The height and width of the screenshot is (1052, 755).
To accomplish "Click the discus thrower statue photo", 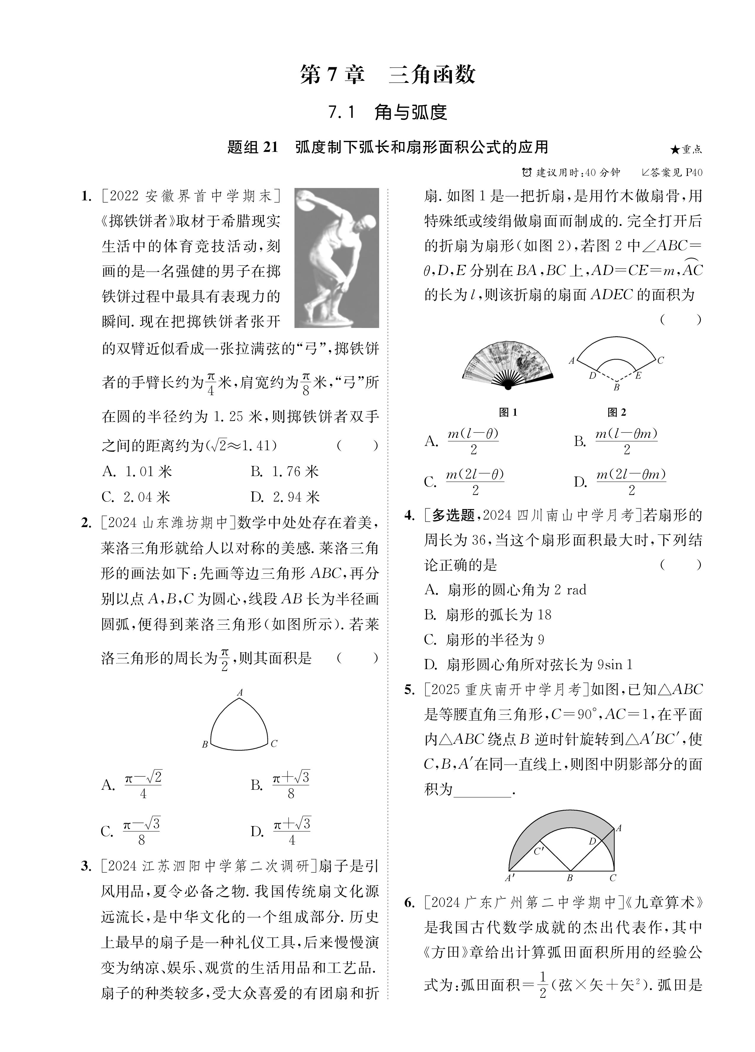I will tap(337, 258).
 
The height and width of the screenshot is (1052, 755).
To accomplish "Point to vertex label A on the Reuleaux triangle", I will tap(240, 693).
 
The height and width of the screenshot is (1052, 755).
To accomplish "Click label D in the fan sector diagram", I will tap(592, 375).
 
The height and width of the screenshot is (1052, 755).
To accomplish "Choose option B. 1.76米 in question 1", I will tap(285, 472).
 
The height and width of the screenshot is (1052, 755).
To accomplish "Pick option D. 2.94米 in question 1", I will tap(285, 497).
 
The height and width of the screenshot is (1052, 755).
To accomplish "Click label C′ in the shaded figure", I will tap(538, 851).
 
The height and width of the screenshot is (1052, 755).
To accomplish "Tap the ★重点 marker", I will tap(686, 149).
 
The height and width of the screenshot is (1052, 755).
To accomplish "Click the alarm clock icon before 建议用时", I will tap(527, 173).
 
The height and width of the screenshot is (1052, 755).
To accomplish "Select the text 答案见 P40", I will tap(677, 173).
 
